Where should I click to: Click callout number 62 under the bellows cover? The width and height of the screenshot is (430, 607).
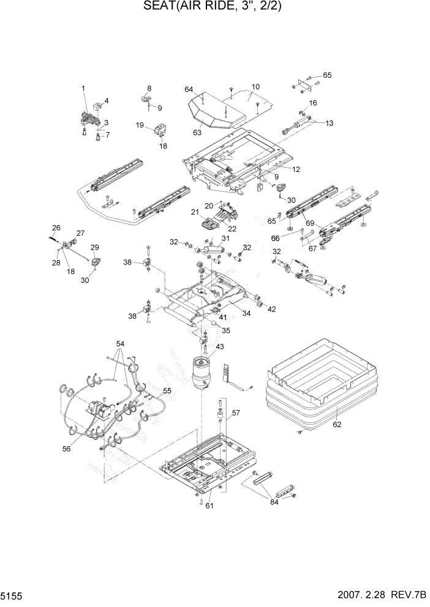[336, 423]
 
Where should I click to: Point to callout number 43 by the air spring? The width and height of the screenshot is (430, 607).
[219, 347]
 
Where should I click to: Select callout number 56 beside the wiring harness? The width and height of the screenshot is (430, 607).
[66, 449]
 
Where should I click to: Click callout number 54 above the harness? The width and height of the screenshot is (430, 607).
[119, 344]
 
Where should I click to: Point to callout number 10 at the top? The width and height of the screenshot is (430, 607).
[255, 87]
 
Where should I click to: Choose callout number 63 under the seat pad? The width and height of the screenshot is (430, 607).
[198, 131]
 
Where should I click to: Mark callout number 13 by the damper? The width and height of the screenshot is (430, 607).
[330, 123]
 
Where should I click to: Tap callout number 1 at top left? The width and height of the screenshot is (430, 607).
[84, 89]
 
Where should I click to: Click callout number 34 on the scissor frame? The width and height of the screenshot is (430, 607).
[246, 314]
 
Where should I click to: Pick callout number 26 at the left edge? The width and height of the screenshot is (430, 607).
[56, 228]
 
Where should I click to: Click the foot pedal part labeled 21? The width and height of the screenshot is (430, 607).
[210, 223]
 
